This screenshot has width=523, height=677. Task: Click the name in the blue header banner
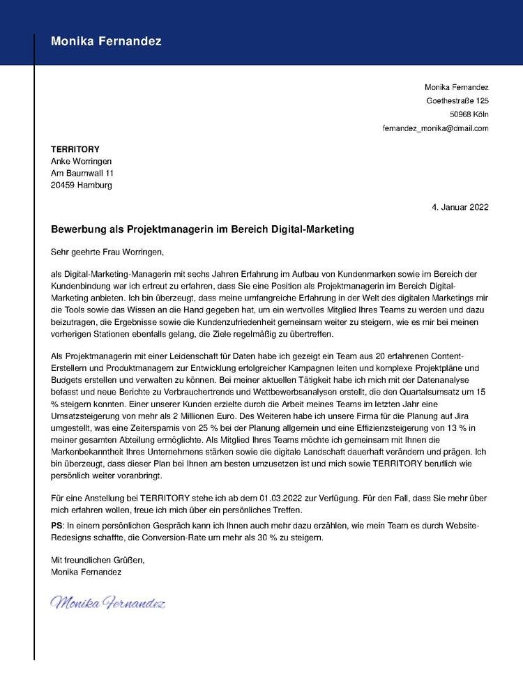pos(106,42)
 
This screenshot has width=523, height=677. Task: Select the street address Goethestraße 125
pos(457,101)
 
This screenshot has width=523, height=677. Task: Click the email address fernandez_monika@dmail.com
pos(435,128)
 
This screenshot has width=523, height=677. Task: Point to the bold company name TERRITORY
pos(75,149)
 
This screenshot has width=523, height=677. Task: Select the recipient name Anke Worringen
pos(81,161)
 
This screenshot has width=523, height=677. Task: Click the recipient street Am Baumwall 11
pos(82,173)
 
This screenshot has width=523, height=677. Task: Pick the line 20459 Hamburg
pos(81,185)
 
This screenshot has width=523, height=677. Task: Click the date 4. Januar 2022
pos(460,207)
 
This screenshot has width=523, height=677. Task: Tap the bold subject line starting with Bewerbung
pos(203,229)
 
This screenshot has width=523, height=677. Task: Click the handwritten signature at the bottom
pos(108,602)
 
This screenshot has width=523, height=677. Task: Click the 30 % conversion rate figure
pos(274,538)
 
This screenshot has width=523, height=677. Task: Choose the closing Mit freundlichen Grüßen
pos(98,560)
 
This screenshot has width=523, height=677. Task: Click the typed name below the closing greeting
pos(86,572)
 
